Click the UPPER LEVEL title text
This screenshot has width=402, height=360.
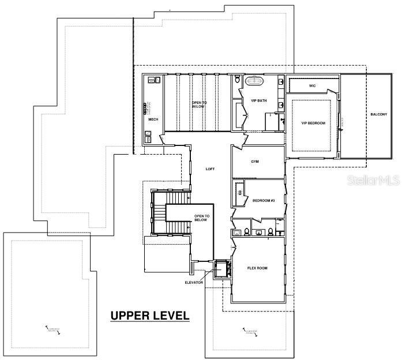click(149, 315)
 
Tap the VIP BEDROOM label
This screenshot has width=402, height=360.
click(313, 123)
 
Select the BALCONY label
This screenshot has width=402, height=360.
click(379, 115)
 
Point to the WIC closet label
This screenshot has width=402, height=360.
click(312, 85)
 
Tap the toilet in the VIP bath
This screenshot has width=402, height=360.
click(238, 80)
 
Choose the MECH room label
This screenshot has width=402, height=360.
click(153, 119)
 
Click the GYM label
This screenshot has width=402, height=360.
click(254, 162)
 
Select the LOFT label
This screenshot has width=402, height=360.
click(211, 169)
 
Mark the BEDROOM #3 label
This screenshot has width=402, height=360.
click(264, 200)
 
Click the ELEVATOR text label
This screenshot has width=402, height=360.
click(193, 282)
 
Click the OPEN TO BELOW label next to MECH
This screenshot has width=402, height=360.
click(199, 104)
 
